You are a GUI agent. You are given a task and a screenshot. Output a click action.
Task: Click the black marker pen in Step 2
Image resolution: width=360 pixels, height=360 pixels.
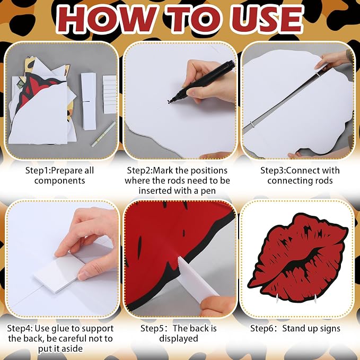tap(203, 82)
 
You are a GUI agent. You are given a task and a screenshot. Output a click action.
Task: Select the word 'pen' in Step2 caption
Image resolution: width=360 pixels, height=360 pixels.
tap(208, 191)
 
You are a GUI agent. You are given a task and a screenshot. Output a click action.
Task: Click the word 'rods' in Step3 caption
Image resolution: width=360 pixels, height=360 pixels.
tap(322, 180)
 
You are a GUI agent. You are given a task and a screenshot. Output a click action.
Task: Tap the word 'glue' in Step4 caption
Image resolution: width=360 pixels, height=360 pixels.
tap(60, 329)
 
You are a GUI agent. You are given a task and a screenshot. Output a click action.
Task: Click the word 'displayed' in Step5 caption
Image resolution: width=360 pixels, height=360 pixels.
tap(179, 339)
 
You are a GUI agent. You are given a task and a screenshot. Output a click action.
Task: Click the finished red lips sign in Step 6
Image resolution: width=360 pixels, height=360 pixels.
tap(298, 258)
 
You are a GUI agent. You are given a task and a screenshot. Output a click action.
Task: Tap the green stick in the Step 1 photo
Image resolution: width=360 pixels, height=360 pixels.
tap(103, 134)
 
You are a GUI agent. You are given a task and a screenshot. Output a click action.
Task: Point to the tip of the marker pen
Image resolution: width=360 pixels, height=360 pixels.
tap(168, 103)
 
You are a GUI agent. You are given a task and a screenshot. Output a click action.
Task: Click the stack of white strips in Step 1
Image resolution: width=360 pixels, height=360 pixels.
tap(110, 94)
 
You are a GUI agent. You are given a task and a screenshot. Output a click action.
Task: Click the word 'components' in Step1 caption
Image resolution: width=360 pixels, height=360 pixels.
tap(60, 181)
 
